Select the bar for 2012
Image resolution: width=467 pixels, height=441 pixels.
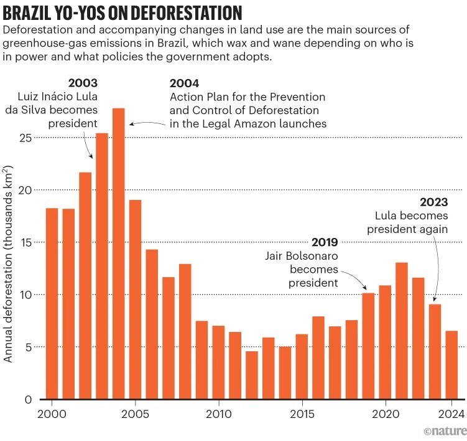click(x=252, y=375)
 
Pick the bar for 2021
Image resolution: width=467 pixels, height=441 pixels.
click(x=402, y=331)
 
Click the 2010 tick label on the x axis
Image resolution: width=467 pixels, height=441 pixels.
click(x=218, y=414)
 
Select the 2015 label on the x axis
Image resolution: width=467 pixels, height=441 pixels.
click(x=302, y=414)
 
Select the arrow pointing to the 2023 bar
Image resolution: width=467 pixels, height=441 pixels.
click(x=438, y=268)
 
